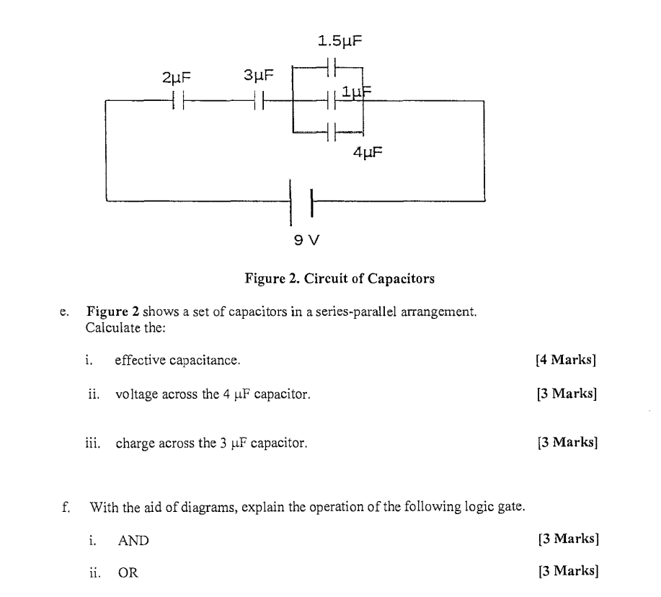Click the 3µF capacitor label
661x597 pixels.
pos(258,75)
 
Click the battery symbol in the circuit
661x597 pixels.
pos(301,202)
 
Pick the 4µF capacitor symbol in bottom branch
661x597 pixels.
pos(332,132)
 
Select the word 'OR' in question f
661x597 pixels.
pos(128,572)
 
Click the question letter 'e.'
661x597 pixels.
pos(65,313)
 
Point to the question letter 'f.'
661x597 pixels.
pos(66,508)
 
